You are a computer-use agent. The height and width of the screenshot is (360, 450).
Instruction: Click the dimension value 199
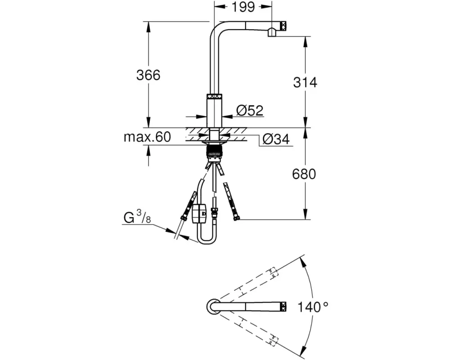[243, 7]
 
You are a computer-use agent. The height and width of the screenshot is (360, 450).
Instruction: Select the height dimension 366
[148, 75]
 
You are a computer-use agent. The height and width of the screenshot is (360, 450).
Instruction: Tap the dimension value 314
[305, 82]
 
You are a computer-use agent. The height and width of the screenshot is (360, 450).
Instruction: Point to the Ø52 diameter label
[249, 111]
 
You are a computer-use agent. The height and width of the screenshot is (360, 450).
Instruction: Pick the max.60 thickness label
[147, 137]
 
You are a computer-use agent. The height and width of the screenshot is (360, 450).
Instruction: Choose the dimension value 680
[304, 173]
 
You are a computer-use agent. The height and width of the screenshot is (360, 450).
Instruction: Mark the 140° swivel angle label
[313, 307]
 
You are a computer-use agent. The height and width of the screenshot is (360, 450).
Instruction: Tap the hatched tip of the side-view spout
[283, 25]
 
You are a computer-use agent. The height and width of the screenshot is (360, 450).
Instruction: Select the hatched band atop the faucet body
[214, 96]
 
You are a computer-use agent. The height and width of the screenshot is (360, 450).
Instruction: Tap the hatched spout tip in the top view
[283, 307]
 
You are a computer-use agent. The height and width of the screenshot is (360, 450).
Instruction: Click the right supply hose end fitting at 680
[236, 218]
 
